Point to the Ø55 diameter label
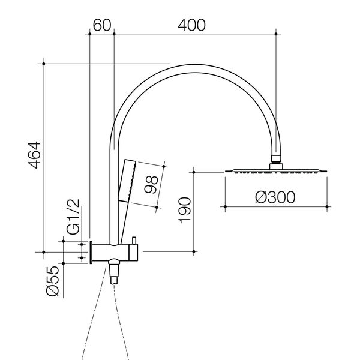coord(53,281)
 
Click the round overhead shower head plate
coord(276,171)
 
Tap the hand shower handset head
coord(127,180)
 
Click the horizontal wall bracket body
coord(114,252)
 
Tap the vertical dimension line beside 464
coord(46,155)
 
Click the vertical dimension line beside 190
coord(194,211)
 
